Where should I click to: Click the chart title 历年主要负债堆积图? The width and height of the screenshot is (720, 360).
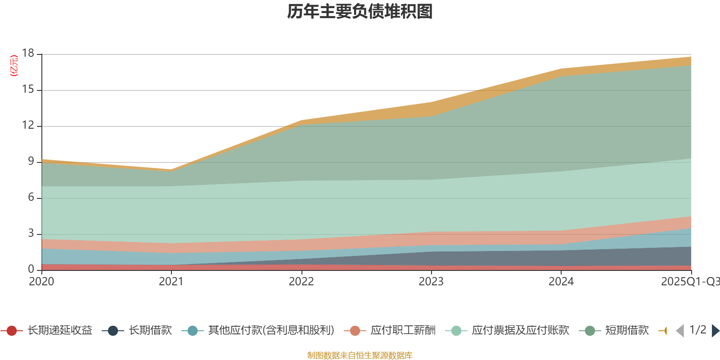360,12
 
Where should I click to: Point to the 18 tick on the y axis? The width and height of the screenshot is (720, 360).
28,53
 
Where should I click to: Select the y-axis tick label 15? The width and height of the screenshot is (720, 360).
28,90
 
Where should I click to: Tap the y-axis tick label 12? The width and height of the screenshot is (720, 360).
28,125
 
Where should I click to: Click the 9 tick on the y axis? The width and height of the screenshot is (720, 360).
31,161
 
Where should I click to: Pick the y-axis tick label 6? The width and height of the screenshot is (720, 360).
31,197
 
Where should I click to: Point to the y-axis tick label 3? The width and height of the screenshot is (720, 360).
31,233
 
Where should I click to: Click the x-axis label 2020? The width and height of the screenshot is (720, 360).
41,282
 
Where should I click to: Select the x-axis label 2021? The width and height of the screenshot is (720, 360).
171,282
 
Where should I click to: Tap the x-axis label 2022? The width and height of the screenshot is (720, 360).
301,282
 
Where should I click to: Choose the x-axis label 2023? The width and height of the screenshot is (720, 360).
431,282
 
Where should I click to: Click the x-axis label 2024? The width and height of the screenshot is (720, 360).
561,282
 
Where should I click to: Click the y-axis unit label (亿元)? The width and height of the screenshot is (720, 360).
14,66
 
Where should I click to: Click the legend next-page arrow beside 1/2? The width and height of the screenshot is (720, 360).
715,331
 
